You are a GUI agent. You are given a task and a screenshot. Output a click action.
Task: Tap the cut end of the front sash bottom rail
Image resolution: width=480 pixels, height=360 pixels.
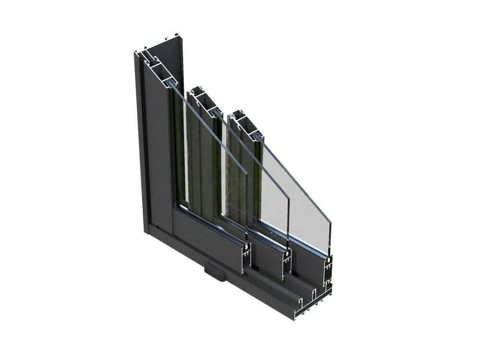[246, 259]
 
